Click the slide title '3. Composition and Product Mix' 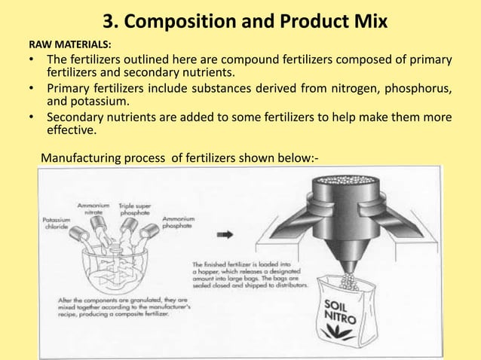point(240,20)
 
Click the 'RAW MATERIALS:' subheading point(69,44)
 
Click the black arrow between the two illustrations point(225,234)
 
